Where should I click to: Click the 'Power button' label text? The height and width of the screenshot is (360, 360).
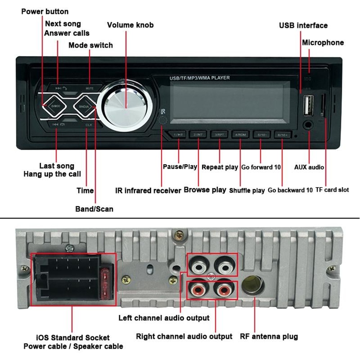[45, 12]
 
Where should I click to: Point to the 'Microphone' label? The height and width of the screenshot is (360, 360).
[323, 42]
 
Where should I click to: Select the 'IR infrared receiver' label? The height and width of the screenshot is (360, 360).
[148, 191]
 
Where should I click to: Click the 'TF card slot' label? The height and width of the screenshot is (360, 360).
[332, 190]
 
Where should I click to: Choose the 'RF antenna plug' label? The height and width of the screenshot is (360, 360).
[269, 337]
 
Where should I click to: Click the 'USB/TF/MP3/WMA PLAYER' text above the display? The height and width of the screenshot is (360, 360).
[199, 78]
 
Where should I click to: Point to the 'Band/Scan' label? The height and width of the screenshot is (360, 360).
[94, 209]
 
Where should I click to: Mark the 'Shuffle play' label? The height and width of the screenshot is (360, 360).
[247, 191]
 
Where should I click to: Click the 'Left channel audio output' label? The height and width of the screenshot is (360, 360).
[164, 318]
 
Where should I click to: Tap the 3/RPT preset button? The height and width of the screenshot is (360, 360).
[220, 135]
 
